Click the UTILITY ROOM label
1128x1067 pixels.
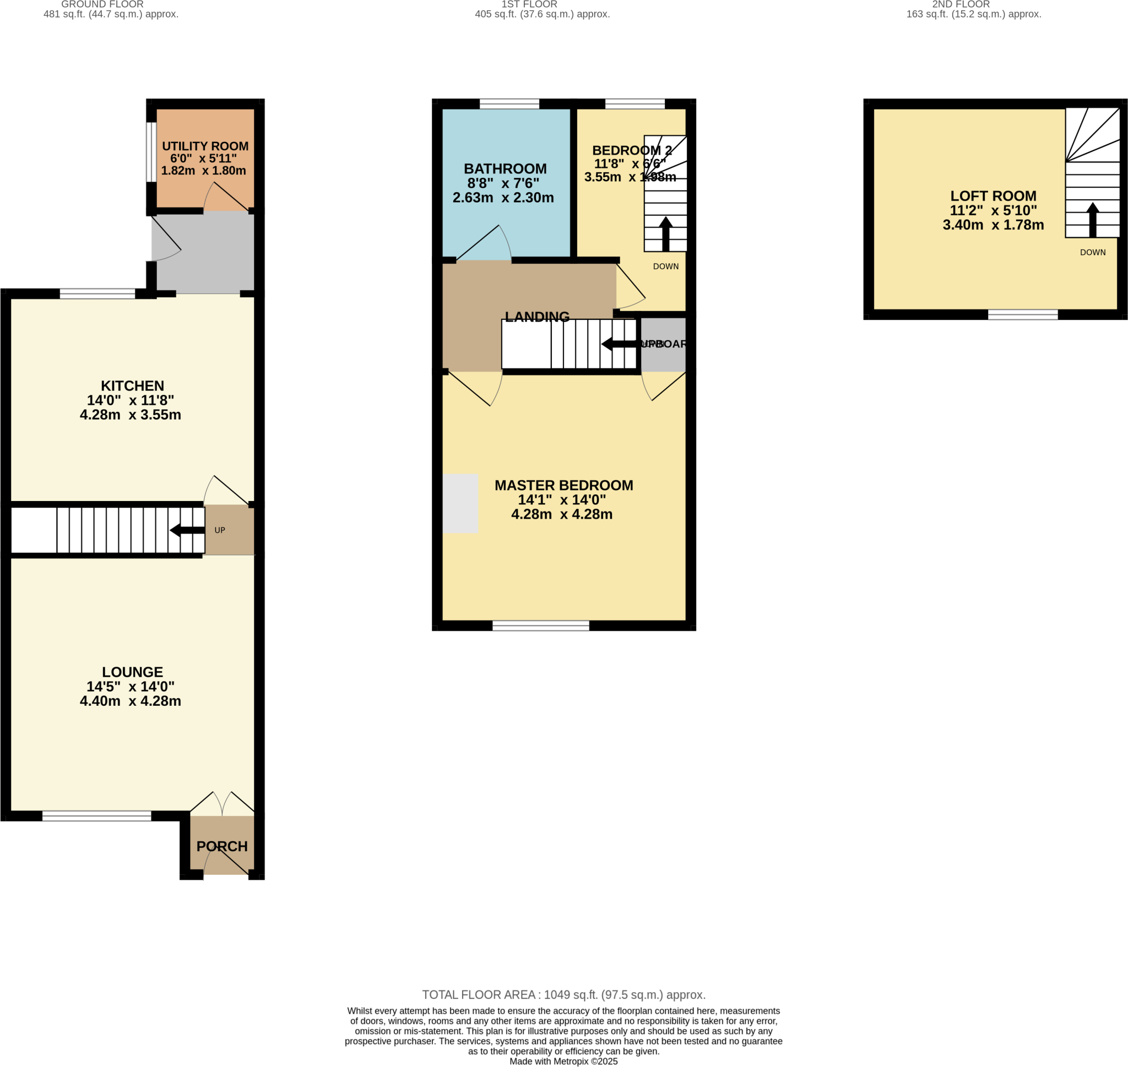coord(205,146)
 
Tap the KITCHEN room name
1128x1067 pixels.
coord(132,385)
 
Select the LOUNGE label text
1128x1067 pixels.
coord(132,672)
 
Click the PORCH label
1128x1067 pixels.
coord(222,846)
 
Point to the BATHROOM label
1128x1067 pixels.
coord(505,169)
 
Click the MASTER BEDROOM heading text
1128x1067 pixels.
coord(563,485)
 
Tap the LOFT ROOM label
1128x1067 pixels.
coord(993,195)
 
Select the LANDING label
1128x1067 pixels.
coord(536,317)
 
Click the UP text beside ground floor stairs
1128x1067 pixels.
coord(220,530)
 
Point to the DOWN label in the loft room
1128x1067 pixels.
coord(1092,253)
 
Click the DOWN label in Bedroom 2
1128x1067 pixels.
coord(665,266)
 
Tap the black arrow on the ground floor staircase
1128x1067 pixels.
coord(187,530)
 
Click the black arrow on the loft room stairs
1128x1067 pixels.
coord(1092,220)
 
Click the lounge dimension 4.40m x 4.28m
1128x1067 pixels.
coord(131,701)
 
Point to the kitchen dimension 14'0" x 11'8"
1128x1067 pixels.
coord(131,400)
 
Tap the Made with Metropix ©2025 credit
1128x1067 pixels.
coord(563,1061)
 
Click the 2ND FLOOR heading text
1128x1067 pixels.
coord(961,4)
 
